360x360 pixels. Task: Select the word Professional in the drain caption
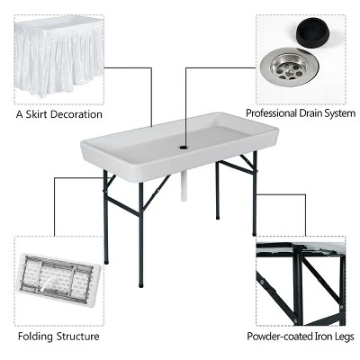pyautogui.click(x=274, y=115)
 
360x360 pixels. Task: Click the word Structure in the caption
pyautogui.click(x=77, y=337)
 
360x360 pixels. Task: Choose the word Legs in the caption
pyautogui.click(x=341, y=337)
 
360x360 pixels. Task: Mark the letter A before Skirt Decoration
pyautogui.click(x=19, y=115)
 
